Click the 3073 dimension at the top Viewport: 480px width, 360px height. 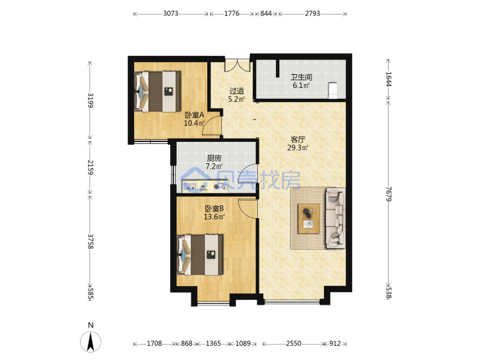(x=171, y=13)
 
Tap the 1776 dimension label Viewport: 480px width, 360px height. (x=232, y=13)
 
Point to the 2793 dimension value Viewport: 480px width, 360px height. (x=312, y=13)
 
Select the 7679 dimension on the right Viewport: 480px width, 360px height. (x=389, y=194)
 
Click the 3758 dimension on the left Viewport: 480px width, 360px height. (x=90, y=241)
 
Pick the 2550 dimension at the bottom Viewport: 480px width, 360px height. (x=293, y=343)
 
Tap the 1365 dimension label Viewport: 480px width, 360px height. (x=213, y=343)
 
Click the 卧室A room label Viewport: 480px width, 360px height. (x=195, y=115)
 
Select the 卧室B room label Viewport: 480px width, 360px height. (x=214, y=209)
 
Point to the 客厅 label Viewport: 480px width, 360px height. (x=297, y=139)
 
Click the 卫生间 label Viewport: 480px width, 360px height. (x=301, y=77)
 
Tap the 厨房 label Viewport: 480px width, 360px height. (x=214, y=158)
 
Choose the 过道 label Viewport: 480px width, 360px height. (x=237, y=91)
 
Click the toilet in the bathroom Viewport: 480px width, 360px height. (x=333, y=91)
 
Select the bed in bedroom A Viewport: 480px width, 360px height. (x=157, y=91)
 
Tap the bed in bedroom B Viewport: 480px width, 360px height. (x=200, y=255)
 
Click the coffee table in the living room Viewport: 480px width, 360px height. (x=309, y=219)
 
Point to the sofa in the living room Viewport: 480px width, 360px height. (x=335, y=218)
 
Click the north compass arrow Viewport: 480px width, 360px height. (x=91, y=341)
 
